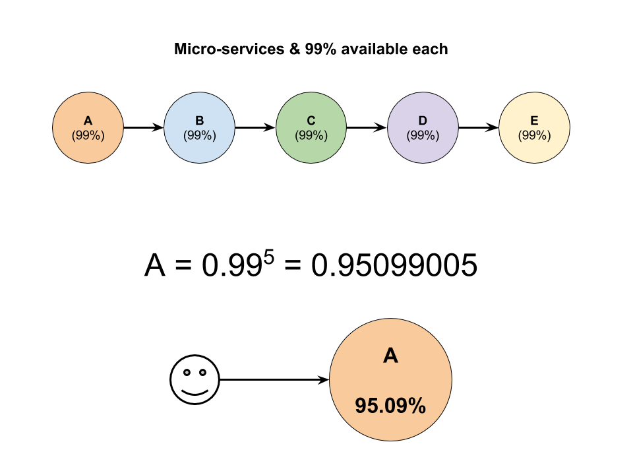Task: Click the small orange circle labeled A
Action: pos(88,127)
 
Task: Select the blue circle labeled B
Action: pos(199,127)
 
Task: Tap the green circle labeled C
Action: pos(311,127)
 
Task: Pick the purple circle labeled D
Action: pos(423,127)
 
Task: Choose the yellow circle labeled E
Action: pos(535,127)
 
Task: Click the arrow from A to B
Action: pos(144,127)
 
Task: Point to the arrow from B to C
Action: pos(255,127)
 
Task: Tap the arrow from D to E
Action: pos(479,127)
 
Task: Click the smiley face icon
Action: pos(195,380)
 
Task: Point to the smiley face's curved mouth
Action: pos(195,393)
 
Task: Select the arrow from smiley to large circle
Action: pos(274,380)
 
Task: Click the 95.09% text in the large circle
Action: pos(390,406)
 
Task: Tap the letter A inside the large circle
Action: pos(390,356)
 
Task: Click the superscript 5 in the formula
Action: pos(269,257)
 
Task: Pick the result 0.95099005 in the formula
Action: pos(394,265)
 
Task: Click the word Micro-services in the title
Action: pos(229,49)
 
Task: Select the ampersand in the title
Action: pos(295,49)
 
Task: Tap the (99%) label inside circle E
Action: pos(535,135)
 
